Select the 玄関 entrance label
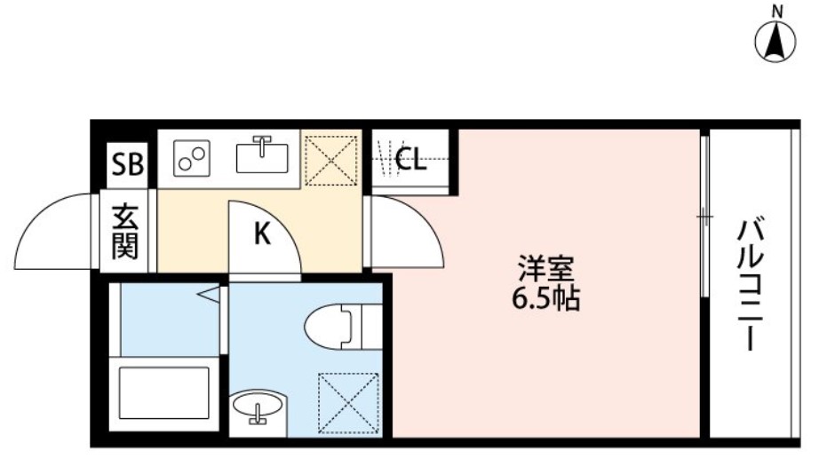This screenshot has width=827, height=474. (x=124, y=233)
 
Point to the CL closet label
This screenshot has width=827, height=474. (x=410, y=161)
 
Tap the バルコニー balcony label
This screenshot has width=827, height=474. (x=751, y=284)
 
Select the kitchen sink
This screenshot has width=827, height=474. (x=262, y=156)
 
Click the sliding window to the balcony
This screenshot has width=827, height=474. (x=704, y=216)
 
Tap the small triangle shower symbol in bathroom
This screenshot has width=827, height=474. (x=210, y=294)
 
